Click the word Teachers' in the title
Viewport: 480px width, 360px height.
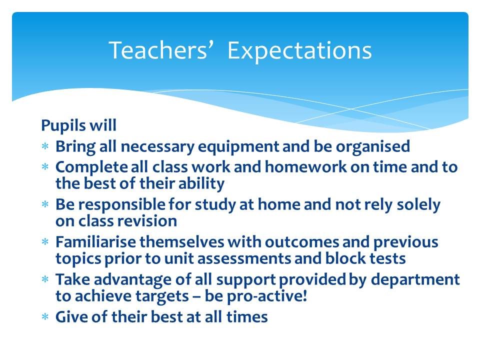coord(158,50)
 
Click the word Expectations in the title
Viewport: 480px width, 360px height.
coord(299,51)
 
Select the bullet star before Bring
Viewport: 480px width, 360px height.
coord(45,146)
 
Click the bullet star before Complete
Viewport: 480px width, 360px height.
coord(45,167)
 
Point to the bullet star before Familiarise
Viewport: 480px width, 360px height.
coord(45,242)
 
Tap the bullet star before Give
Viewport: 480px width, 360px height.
coord(45,316)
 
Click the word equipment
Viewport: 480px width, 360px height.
coord(238,147)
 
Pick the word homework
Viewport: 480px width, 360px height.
coord(306,167)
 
